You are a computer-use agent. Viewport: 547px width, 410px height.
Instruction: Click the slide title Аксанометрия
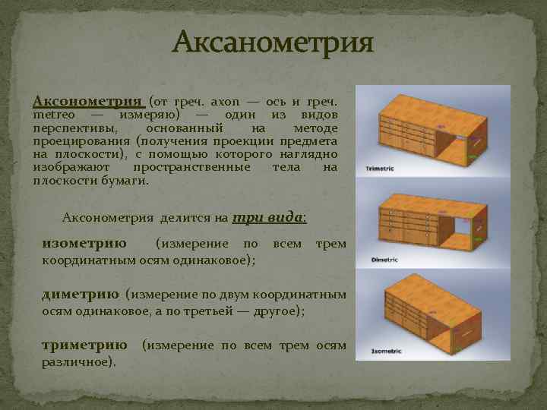tap(273, 43)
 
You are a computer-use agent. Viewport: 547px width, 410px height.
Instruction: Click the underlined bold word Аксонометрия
tap(87, 100)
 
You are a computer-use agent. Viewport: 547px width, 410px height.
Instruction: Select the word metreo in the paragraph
tap(54, 115)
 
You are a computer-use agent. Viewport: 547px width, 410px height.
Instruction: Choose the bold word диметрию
tap(81, 294)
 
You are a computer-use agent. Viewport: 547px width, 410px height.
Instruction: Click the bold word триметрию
tap(84, 345)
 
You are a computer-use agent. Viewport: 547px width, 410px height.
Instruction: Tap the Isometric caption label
tap(383, 352)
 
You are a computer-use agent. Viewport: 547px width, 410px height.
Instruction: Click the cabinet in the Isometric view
tap(425, 307)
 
